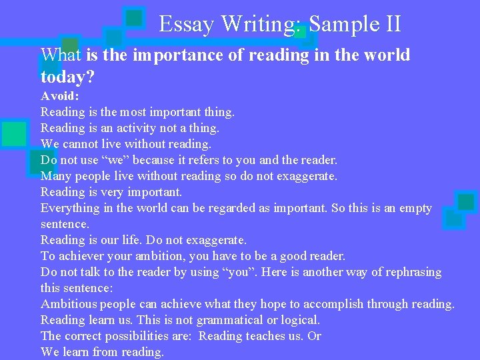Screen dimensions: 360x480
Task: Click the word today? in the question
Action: coord(67,77)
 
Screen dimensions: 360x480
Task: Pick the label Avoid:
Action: coord(60,96)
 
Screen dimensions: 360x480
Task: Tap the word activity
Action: coord(136,128)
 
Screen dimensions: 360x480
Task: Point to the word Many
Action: coord(55,176)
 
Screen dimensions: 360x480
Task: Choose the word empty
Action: coord(413,208)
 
